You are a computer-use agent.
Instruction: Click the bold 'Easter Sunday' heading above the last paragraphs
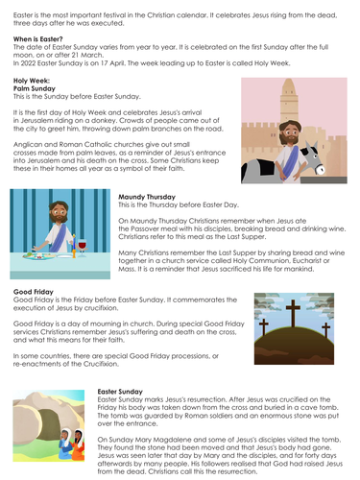point(124,392)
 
